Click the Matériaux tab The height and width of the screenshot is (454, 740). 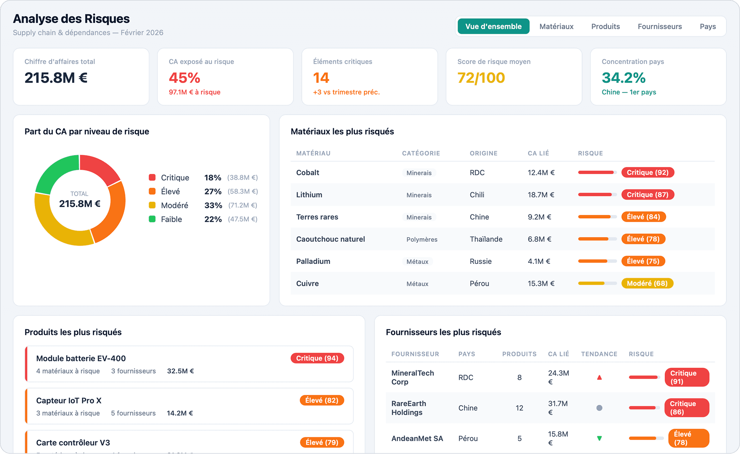point(556,26)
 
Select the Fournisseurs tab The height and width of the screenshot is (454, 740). point(659,26)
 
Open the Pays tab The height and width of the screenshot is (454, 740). point(708,26)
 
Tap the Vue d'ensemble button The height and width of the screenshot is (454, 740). point(493,26)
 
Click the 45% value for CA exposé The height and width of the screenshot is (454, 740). point(184,78)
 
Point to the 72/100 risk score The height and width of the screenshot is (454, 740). point(481,78)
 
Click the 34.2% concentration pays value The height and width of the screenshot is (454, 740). point(623,78)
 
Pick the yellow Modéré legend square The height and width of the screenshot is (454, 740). point(152,205)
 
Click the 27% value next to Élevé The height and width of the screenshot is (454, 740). point(213,192)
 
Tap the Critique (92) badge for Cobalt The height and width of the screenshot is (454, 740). point(647,172)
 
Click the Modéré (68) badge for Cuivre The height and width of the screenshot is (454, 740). point(647,283)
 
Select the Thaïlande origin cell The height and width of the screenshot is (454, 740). point(486,239)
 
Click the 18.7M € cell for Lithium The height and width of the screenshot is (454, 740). point(541,195)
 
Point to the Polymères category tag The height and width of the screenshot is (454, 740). point(422,239)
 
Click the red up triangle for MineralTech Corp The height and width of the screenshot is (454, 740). point(599,377)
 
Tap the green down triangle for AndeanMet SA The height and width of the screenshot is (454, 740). point(599,438)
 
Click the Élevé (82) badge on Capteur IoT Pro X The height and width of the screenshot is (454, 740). point(322,400)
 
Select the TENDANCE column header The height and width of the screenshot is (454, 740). point(599,354)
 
